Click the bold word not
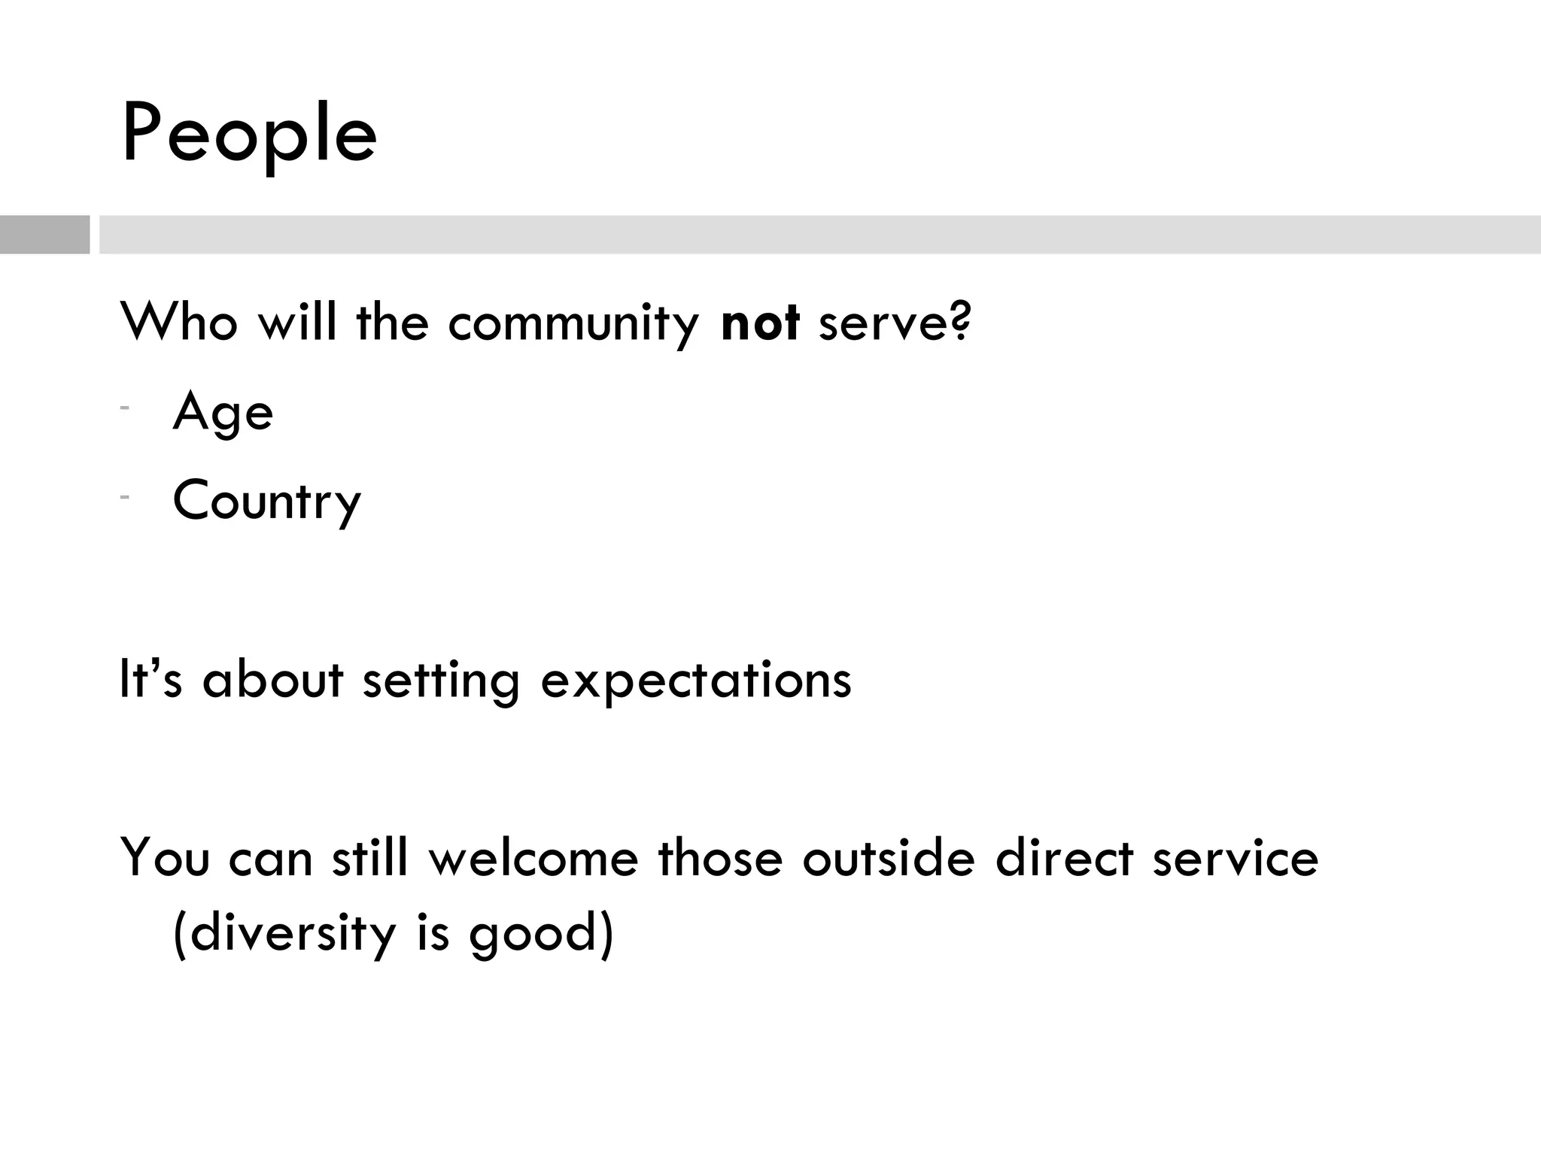[x=759, y=323]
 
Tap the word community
[x=573, y=324]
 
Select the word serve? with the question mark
[x=895, y=323]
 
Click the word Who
[x=179, y=323]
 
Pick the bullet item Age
[x=223, y=413]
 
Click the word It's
[x=150, y=679]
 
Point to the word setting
[x=441, y=681]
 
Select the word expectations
[x=696, y=681]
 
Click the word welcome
[x=533, y=858]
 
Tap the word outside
[x=889, y=858]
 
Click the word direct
[x=1064, y=858]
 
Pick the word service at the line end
[x=1236, y=858]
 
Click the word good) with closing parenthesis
[x=542, y=935]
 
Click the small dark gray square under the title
[x=44, y=235]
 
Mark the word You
[x=165, y=858]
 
